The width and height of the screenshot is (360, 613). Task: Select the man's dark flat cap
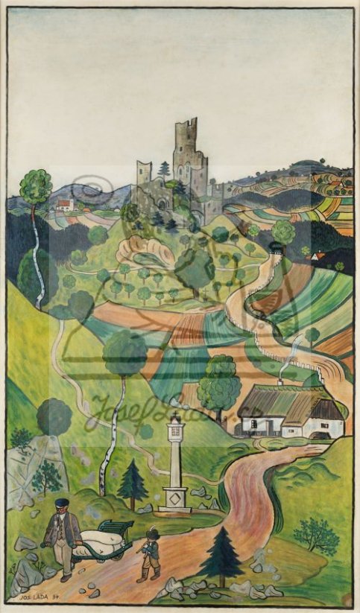[63, 503]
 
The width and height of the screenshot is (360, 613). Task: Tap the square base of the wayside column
[175, 500]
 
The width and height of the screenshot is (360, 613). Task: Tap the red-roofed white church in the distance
[66, 203]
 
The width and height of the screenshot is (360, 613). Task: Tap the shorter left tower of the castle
[144, 173]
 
